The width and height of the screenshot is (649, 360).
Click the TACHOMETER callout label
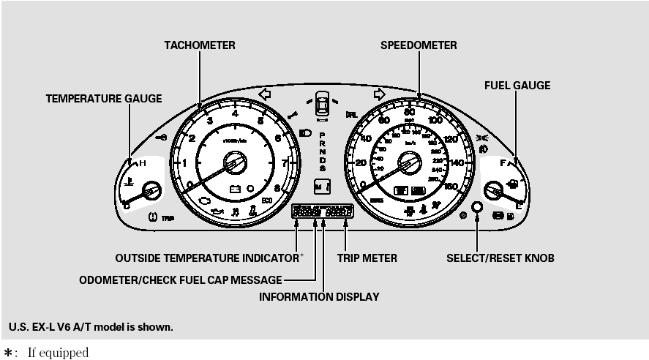coord(199,45)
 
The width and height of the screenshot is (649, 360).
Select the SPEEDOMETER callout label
coord(419,45)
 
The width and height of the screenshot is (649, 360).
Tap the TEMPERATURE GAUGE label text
coord(104,98)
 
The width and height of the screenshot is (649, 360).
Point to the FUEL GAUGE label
coord(517,86)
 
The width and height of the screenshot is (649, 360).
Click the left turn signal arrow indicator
coord(265,94)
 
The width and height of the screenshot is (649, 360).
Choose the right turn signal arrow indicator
coord(379,94)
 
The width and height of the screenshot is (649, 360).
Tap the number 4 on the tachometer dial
coord(235,113)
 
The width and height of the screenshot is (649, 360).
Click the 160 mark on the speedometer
coord(450,187)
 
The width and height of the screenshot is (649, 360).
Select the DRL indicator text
coord(352,115)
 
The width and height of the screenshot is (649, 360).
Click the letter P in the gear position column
coord(322,125)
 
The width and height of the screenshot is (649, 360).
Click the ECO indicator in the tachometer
coord(267,200)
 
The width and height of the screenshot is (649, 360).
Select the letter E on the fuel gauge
coord(519,206)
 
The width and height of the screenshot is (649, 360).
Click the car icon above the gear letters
coord(321,103)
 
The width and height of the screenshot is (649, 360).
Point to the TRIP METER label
coord(367,258)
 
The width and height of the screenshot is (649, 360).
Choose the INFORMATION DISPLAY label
coord(319,296)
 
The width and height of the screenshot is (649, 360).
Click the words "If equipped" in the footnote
coord(58,353)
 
